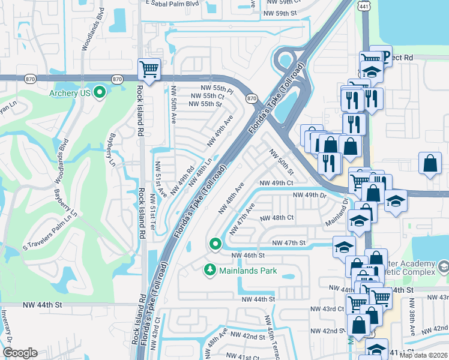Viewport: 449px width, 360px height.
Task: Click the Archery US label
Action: pos(71,93)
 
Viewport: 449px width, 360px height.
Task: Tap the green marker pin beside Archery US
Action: pos(100,92)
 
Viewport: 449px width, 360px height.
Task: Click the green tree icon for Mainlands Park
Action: pos(209,271)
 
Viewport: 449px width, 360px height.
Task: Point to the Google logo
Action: pos(20,353)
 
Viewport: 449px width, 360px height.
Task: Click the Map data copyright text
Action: pos(423,355)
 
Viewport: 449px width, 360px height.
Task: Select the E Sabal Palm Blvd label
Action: pos(172,2)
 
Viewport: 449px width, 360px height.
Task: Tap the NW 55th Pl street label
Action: pos(212,88)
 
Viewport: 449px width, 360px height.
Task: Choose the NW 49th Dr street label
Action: pos(309,195)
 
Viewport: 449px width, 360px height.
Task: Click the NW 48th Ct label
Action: pos(277,218)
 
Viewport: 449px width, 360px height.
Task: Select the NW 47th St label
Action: pos(289,242)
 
